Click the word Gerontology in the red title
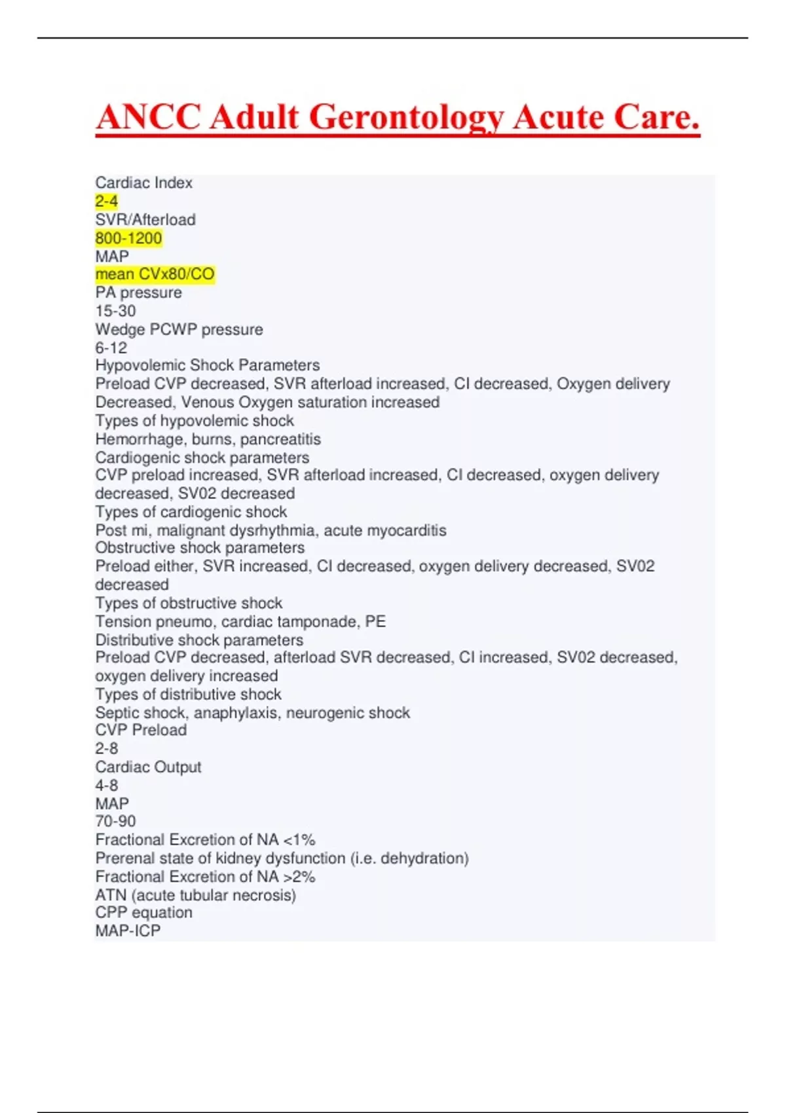click(x=405, y=118)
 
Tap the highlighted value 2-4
click(x=107, y=202)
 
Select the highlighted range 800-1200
click(x=128, y=238)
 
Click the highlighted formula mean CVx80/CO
click(x=155, y=274)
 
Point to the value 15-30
click(x=116, y=311)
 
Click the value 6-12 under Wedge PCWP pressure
click(x=111, y=348)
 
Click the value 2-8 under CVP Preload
click(x=107, y=748)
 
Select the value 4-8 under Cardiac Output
click(x=107, y=785)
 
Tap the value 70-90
click(x=116, y=822)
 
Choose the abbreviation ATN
click(x=111, y=895)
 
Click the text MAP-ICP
click(x=128, y=931)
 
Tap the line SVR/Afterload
click(x=145, y=220)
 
